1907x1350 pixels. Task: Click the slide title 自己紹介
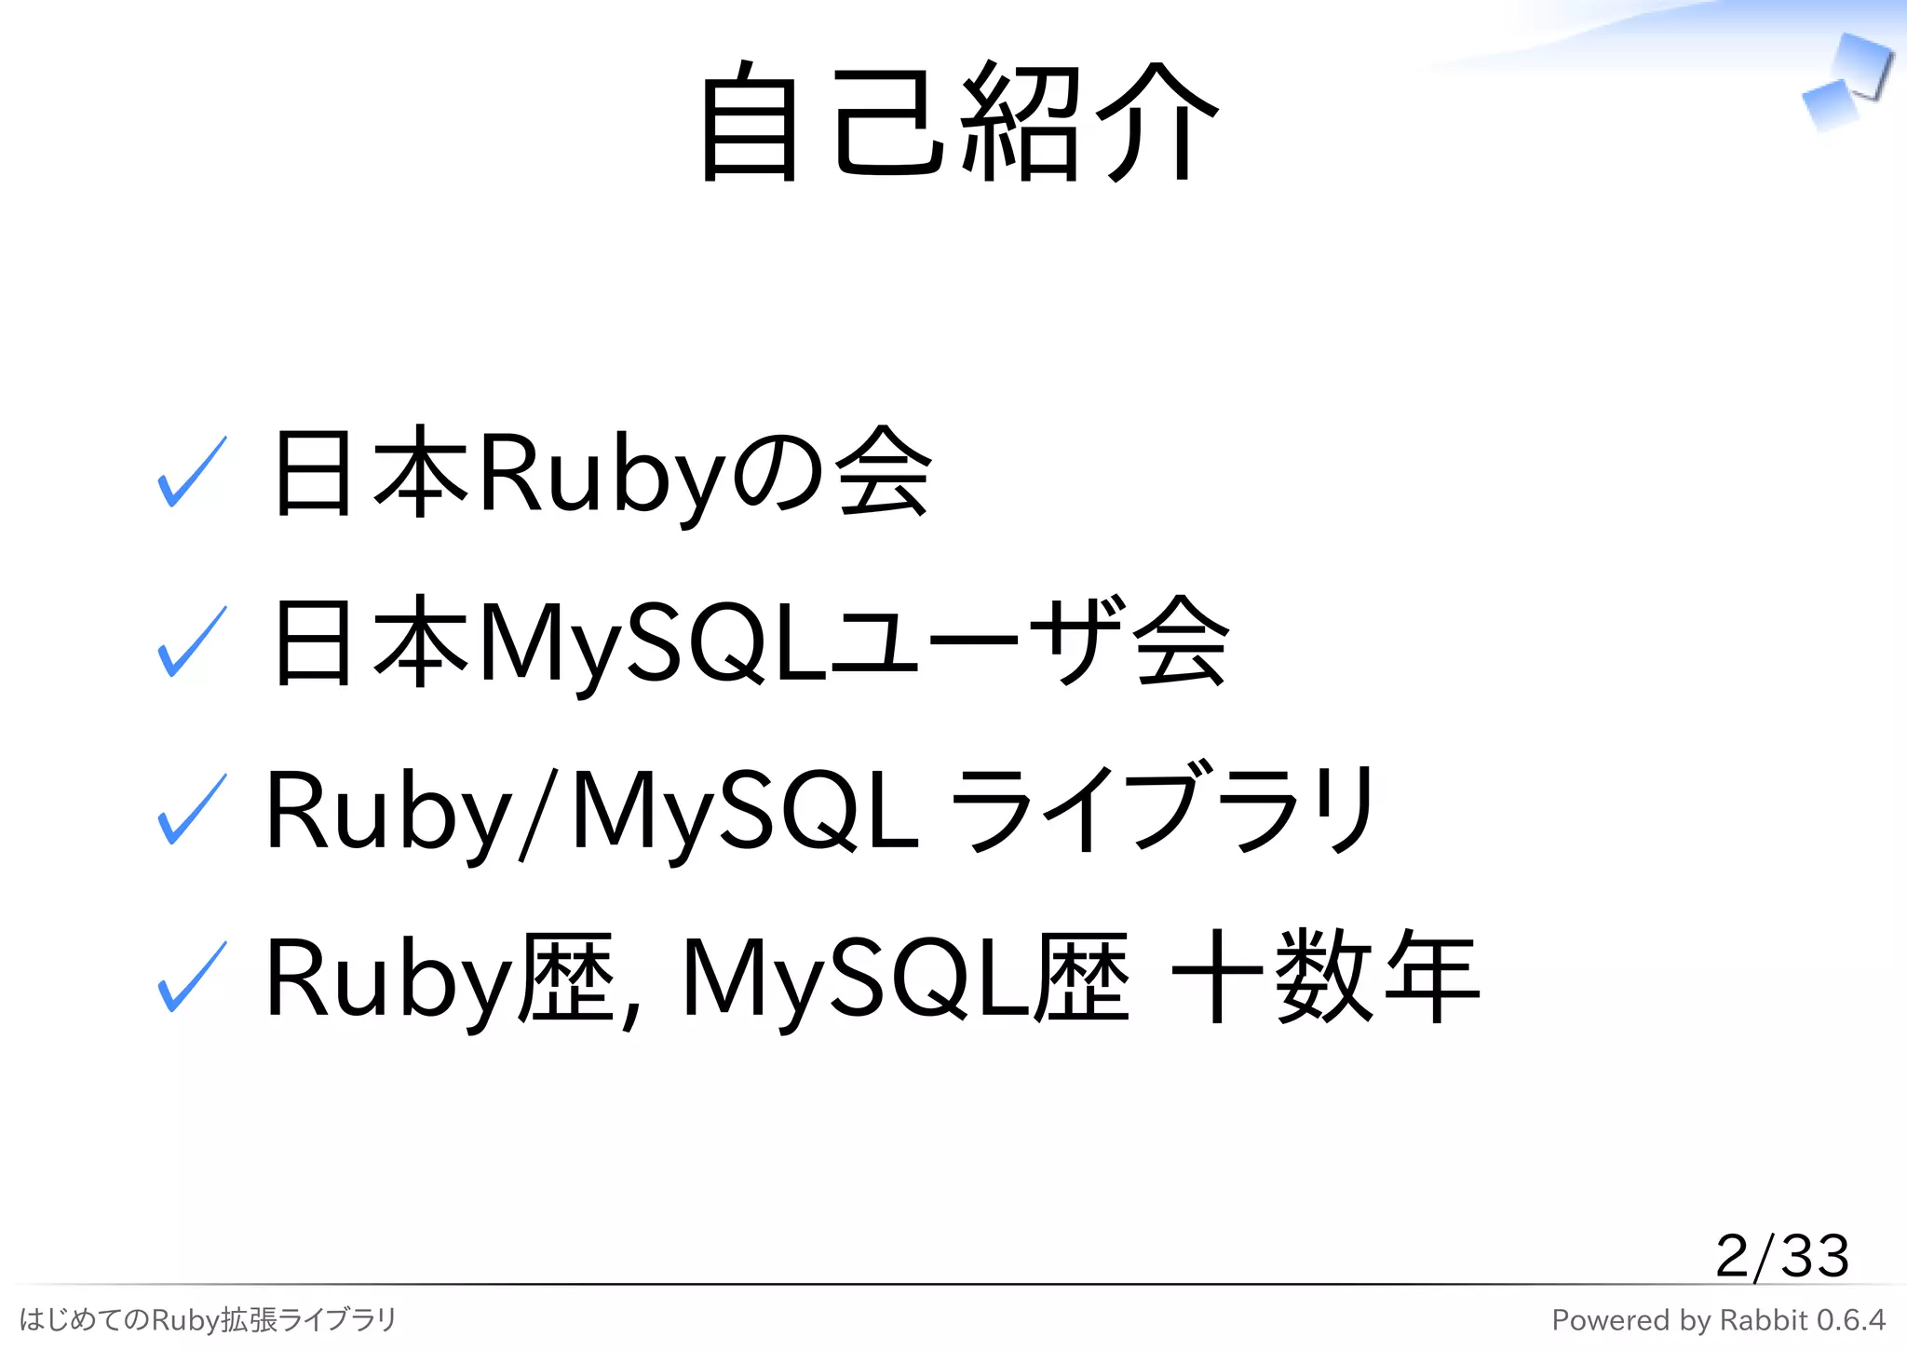[x=959, y=121]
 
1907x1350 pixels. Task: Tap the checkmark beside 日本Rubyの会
[x=192, y=472]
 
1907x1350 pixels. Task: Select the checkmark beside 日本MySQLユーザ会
[x=192, y=641]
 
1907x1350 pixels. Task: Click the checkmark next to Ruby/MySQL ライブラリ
[x=192, y=809]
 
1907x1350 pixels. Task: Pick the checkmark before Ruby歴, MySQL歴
[x=192, y=977]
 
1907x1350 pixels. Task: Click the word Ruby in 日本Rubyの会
[x=601, y=475]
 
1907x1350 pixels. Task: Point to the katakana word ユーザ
[x=978, y=642]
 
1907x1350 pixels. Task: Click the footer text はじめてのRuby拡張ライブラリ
[x=208, y=1319]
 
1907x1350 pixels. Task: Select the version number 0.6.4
[x=1850, y=1320]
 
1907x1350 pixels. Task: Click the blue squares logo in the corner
[x=1846, y=82]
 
